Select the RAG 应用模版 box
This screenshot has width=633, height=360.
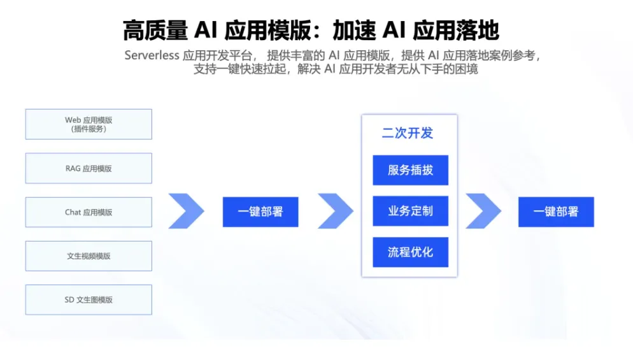[89, 168]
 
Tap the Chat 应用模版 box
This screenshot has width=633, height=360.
[89, 212]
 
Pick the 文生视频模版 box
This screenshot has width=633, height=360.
[89, 256]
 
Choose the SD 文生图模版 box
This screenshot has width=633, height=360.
[89, 299]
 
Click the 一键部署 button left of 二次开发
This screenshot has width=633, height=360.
[260, 212]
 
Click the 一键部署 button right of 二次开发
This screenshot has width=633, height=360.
[556, 212]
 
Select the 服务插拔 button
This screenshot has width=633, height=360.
[410, 170]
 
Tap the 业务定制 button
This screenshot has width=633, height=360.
[410, 211]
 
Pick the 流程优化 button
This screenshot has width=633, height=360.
[410, 252]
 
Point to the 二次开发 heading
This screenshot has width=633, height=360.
[408, 133]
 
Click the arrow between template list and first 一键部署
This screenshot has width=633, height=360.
[187, 211]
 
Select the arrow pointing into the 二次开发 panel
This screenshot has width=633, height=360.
[336, 211]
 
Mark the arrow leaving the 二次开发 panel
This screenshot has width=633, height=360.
[483, 211]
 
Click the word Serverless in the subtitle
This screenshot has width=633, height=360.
[152, 55]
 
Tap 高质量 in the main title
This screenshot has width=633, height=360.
[155, 30]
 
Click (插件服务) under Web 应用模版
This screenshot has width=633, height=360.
[89, 129]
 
